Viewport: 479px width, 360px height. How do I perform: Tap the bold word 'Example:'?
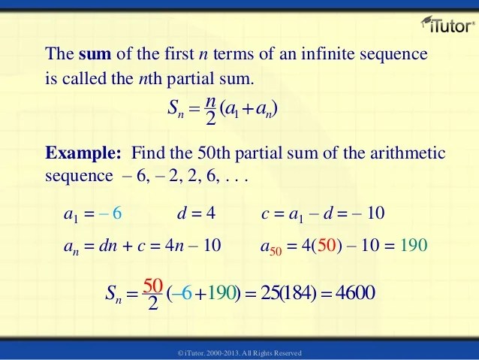[83, 154]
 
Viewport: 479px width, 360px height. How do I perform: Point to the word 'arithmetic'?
[408, 154]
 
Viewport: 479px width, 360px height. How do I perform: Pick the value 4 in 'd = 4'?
[211, 214]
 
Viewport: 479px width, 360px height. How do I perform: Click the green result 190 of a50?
[413, 245]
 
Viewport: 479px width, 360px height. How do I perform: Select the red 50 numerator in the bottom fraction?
[152, 285]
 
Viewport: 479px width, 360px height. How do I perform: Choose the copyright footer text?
[239, 352]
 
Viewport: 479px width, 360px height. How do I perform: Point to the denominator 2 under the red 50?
[152, 304]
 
